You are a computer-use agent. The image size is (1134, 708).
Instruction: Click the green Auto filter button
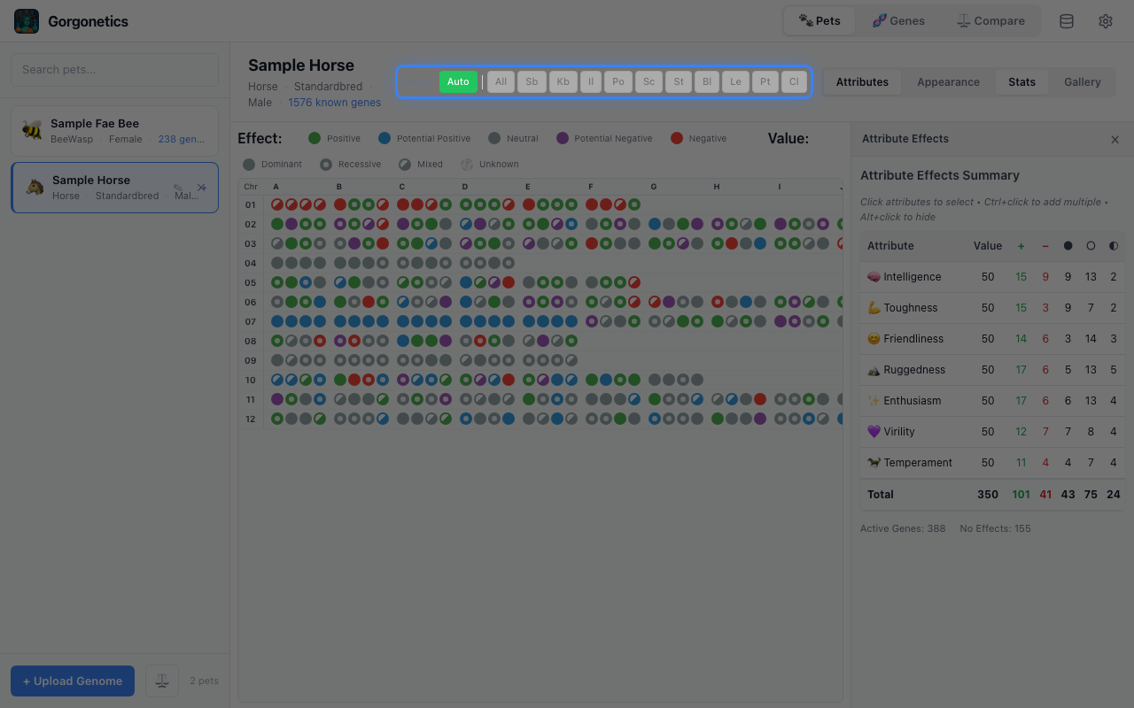458,82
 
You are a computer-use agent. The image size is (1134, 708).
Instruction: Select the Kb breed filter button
563,82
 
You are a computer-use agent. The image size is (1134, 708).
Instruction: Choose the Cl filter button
794,82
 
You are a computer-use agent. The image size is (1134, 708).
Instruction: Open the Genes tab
898,21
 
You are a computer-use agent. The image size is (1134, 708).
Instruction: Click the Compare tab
990,21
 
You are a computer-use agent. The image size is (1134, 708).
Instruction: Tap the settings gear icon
1106,21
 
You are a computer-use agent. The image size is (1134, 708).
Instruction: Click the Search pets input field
114,70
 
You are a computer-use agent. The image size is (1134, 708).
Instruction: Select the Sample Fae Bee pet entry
114,131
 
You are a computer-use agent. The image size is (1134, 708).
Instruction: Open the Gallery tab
1082,82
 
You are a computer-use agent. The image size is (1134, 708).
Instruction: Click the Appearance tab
948,82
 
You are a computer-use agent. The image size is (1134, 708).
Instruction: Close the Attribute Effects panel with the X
1115,139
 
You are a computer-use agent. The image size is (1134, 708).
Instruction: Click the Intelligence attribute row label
912,277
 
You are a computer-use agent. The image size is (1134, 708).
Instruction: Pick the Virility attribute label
898,432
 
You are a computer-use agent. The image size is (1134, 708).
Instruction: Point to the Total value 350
987,495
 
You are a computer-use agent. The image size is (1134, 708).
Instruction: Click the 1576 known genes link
334,103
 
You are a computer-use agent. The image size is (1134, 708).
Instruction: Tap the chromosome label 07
251,322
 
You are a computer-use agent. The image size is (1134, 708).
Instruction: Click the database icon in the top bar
1067,21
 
